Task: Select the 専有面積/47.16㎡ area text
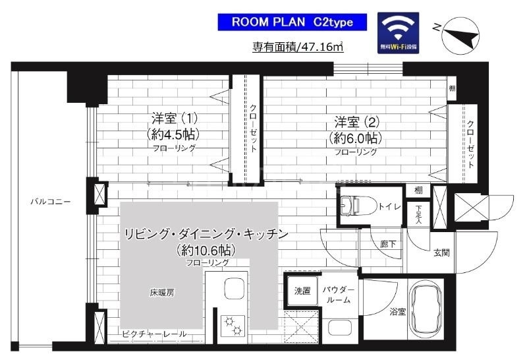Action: (x=298, y=47)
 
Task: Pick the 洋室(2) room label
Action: (x=356, y=122)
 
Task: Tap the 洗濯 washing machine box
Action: (x=302, y=289)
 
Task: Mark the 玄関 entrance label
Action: (x=441, y=251)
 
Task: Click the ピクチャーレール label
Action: (x=154, y=334)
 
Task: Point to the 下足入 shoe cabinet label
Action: (x=418, y=214)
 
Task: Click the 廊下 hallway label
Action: (x=389, y=243)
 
